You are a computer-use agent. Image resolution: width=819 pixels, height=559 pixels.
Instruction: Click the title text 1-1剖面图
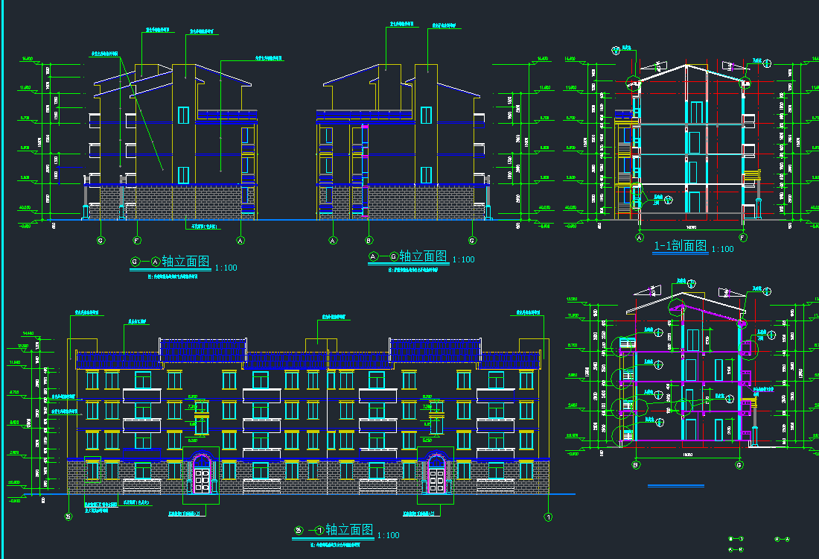click(x=681, y=247)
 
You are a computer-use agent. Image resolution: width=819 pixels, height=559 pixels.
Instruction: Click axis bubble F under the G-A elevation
click(x=137, y=241)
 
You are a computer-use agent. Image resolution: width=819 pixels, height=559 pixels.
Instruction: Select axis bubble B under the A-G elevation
click(x=369, y=241)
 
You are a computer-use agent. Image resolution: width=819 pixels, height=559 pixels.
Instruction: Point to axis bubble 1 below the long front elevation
click(x=549, y=517)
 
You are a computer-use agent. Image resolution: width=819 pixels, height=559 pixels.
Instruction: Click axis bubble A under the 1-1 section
click(x=639, y=238)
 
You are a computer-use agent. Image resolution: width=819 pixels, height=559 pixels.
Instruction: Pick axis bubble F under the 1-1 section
click(x=742, y=238)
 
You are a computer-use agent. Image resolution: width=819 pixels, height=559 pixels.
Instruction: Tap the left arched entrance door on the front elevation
click(x=201, y=473)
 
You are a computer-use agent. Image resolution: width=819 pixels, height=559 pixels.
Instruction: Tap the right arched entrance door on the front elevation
click(x=436, y=473)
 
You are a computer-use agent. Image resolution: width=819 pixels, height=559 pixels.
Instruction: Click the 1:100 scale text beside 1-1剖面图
click(x=722, y=250)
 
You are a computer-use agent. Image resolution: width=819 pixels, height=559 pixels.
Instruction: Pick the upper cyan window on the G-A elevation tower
click(x=183, y=115)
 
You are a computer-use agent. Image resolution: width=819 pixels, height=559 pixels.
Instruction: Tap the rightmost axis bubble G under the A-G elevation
click(x=472, y=241)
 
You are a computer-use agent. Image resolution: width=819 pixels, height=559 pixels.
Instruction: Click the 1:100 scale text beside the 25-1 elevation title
click(x=388, y=535)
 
